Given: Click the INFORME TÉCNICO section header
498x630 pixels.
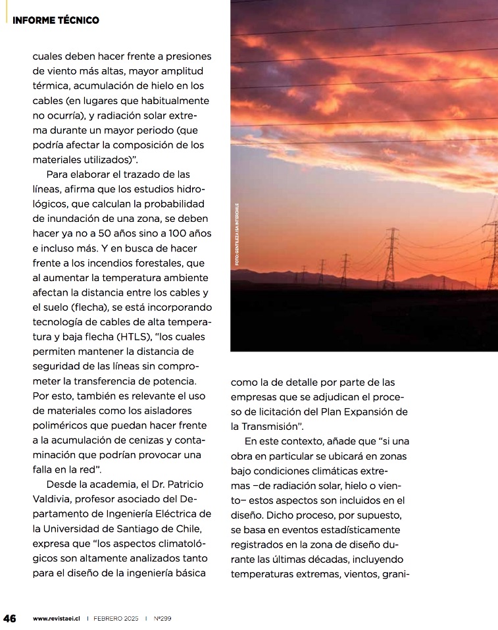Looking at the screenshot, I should (x=56, y=20).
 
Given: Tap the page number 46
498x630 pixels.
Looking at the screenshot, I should (x=10, y=618).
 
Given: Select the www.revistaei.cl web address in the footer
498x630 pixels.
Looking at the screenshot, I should (x=57, y=619).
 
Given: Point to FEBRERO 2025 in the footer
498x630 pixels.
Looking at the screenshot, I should (x=116, y=619).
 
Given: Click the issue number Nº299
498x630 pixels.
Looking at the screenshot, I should (x=162, y=619).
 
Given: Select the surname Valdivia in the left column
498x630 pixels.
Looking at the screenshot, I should (x=55, y=498).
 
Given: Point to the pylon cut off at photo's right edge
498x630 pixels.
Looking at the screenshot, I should (x=491, y=254).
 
